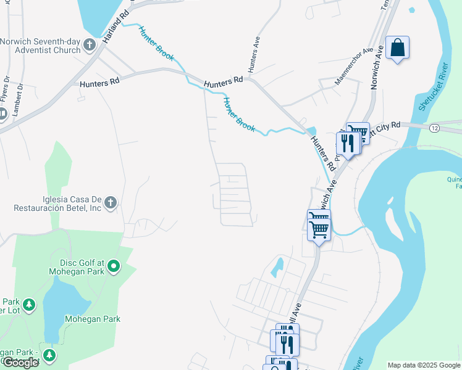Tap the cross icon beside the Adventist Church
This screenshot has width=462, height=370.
[x=90, y=44]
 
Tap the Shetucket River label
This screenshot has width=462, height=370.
[x=432, y=87]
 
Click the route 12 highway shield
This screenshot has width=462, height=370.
[x=435, y=128]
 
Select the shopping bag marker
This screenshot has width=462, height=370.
[x=397, y=47]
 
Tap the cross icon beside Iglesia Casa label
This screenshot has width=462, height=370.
[x=111, y=202]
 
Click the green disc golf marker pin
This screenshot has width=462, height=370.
[x=114, y=266]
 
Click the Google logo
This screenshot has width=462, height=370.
[x=20, y=363]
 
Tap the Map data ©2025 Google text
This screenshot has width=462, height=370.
[x=424, y=365]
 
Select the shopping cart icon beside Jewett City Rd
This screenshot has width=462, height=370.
[x=358, y=132]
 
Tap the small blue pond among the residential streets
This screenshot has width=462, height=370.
[x=278, y=266]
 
